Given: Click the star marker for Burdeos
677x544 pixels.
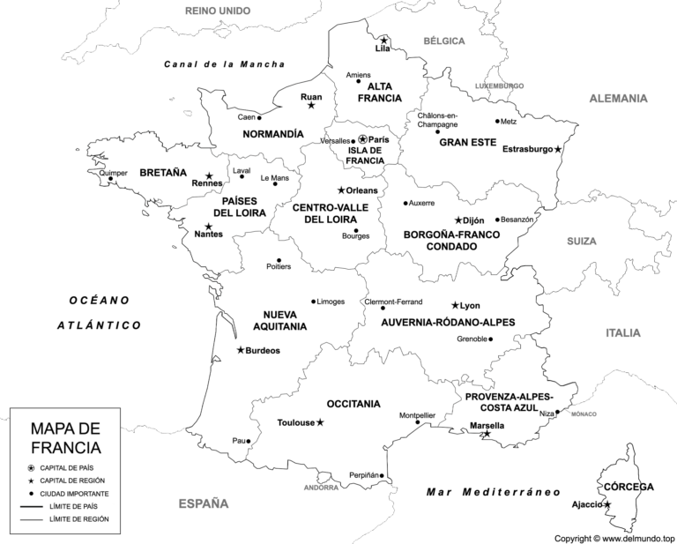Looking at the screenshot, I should click(x=240, y=350).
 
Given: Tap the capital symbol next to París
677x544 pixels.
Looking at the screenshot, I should click(x=362, y=139).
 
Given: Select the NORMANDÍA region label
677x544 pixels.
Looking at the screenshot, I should click(x=272, y=134).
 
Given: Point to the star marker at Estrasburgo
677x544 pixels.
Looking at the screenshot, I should click(x=557, y=149).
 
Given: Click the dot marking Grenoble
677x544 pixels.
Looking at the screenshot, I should click(x=491, y=339).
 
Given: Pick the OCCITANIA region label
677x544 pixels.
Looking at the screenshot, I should click(x=353, y=404).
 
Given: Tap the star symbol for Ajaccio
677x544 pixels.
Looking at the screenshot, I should click(x=607, y=504).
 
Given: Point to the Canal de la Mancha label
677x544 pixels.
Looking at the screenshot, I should click(x=225, y=64).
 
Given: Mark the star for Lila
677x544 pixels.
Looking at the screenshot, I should click(x=383, y=40).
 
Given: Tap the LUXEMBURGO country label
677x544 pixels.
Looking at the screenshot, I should click(x=500, y=86).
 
